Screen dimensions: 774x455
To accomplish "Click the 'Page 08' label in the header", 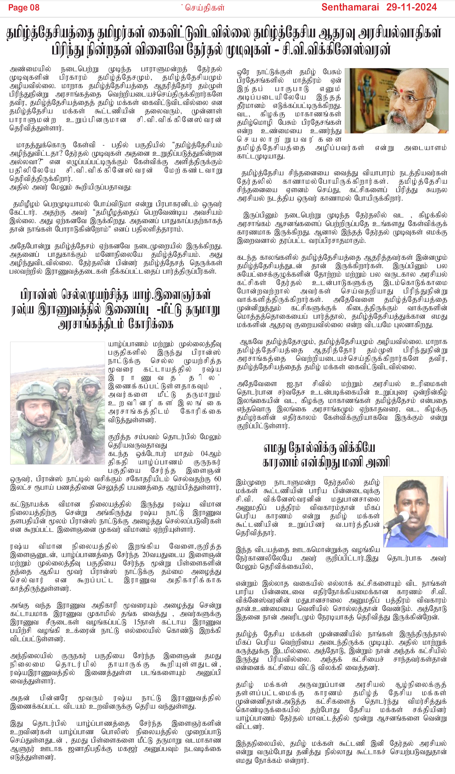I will coord(24,8).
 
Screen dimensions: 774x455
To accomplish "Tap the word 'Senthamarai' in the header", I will coord(350,7).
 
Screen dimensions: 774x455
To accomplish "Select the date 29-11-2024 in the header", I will coord(411,7).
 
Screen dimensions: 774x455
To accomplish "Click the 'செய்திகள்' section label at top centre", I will coord(205,8).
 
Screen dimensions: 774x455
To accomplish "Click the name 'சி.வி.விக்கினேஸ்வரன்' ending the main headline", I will coord(336,49).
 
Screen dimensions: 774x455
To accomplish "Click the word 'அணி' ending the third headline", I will coord(379,463).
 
